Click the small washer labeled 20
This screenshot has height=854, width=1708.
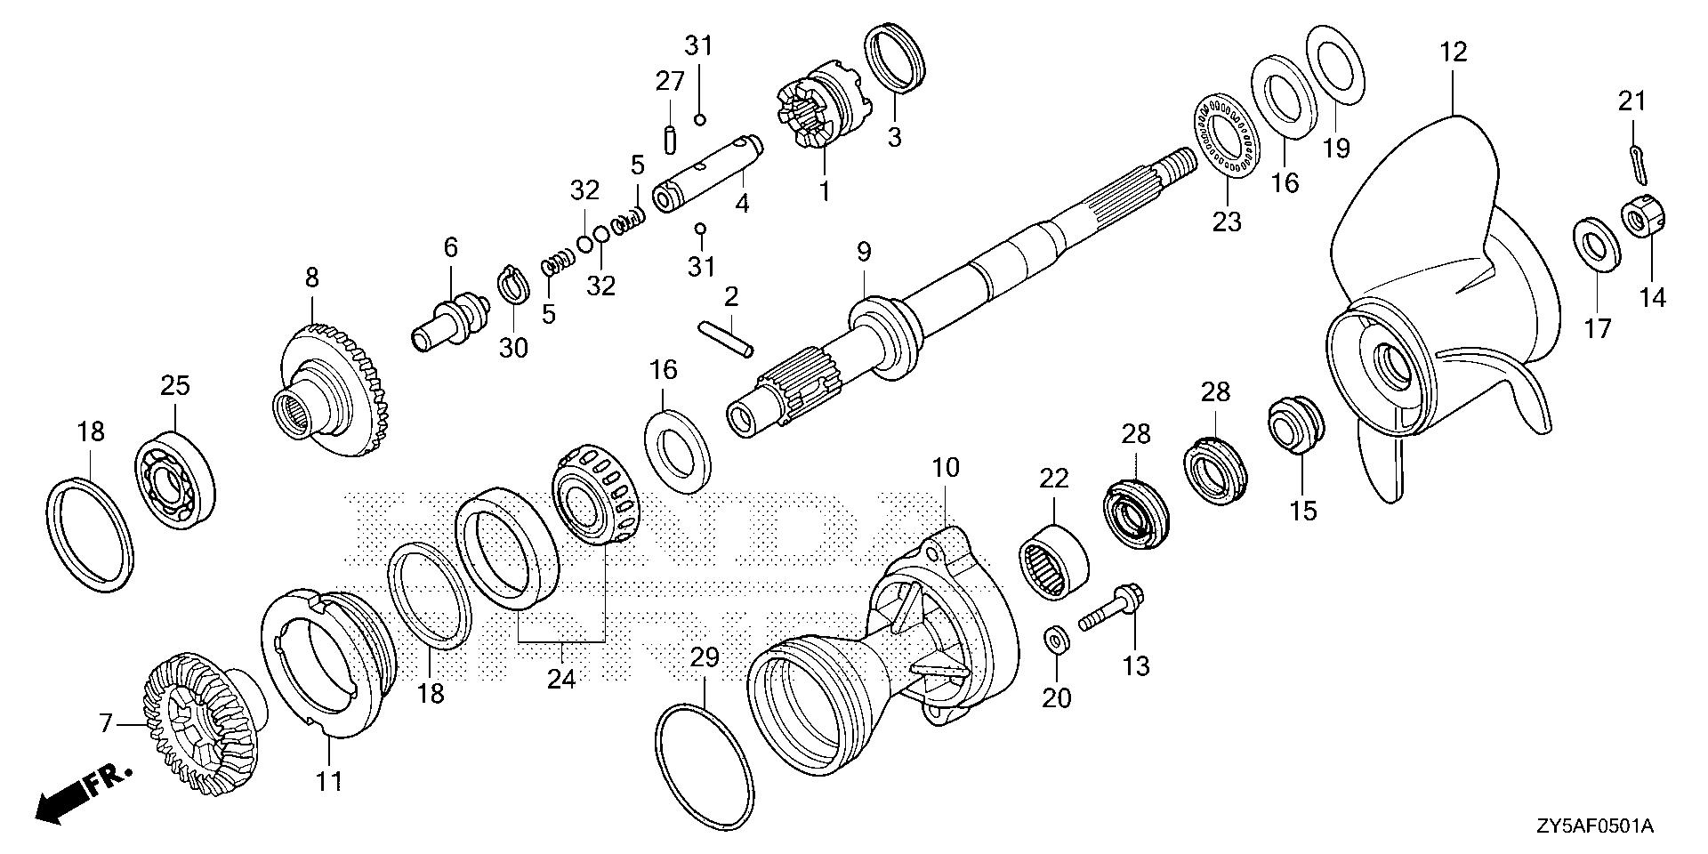(x=1057, y=640)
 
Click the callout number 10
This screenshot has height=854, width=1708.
(x=945, y=467)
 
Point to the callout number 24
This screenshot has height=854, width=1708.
(x=560, y=679)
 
